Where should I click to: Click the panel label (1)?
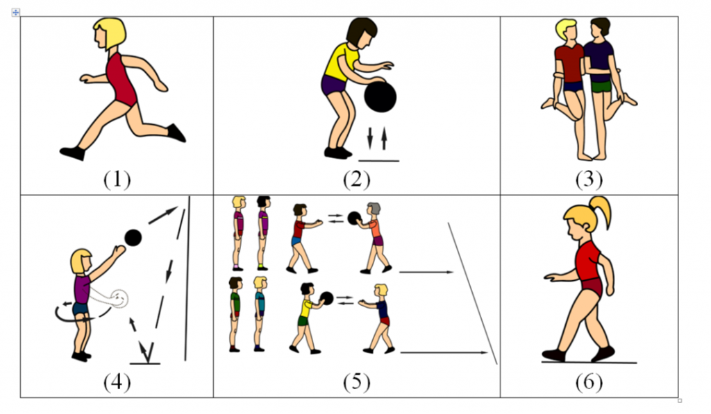117,180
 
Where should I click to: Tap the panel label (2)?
356,180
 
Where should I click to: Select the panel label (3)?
589,180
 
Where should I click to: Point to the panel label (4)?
117,383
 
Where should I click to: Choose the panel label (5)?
356,383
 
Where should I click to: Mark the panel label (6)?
589,383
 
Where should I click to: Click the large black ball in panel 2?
380,96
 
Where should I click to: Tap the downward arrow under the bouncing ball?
369,138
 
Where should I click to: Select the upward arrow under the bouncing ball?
384,138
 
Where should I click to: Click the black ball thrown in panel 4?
133,238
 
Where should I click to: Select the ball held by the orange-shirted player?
354,218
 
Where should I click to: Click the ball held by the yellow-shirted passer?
326,298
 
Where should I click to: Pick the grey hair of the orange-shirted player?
374,208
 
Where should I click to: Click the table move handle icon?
16,12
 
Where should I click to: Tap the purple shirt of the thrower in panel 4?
82,288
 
